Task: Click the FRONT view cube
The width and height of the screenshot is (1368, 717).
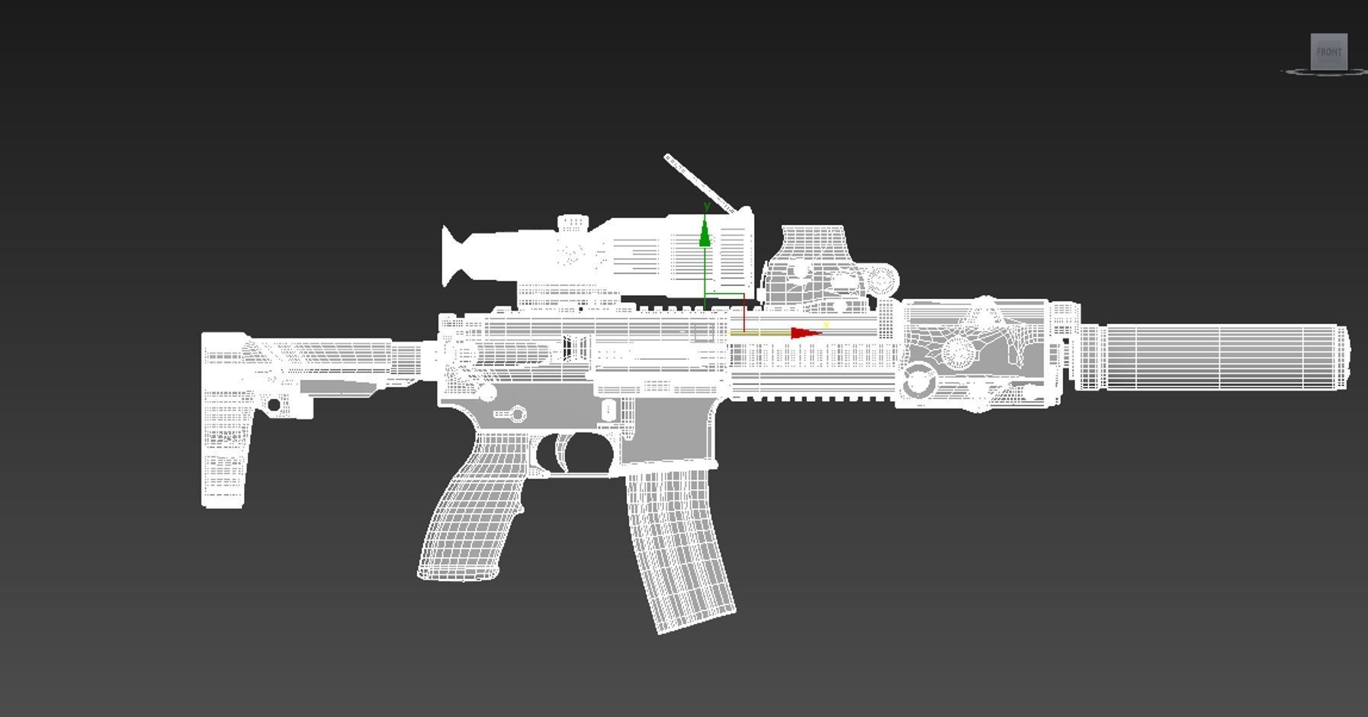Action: [x=1328, y=52]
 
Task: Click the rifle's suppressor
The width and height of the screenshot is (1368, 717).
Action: [x=1212, y=357]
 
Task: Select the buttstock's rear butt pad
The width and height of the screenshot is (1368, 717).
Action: [x=223, y=420]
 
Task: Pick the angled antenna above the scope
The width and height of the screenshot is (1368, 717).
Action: [x=698, y=182]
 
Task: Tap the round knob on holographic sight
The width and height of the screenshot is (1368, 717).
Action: [x=883, y=281]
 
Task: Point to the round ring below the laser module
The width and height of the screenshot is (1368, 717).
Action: [x=918, y=379]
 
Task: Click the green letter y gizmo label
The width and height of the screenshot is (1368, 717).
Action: [x=707, y=206]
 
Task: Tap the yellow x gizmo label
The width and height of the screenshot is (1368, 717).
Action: [x=826, y=325]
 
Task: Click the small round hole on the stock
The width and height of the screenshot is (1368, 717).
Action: [x=274, y=404]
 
